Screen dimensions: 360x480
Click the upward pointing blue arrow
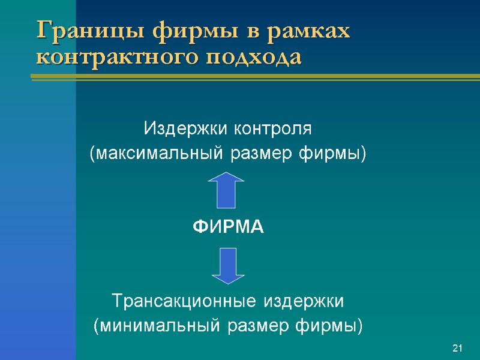[229, 190]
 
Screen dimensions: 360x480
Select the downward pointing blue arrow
[229, 265]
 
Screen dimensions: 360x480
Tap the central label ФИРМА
[228, 227]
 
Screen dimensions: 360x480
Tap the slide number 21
[458, 349]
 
